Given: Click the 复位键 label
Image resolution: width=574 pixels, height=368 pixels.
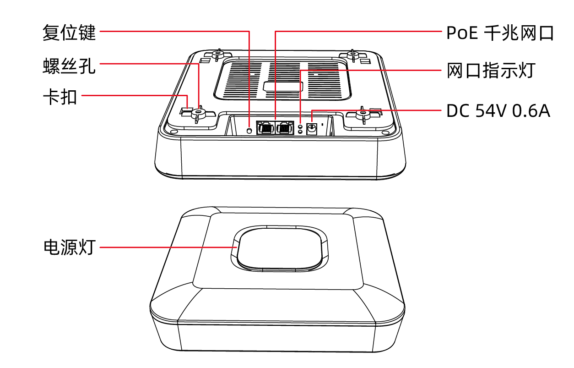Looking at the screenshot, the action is [x=69, y=33].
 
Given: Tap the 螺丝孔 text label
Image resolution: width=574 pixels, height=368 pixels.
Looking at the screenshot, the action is [x=69, y=66].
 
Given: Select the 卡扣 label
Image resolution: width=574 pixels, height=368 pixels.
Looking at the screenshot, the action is [x=60, y=97].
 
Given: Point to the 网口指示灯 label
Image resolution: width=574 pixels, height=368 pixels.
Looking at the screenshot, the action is [x=491, y=70].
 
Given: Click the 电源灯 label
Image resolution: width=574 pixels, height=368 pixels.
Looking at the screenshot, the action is [x=70, y=247].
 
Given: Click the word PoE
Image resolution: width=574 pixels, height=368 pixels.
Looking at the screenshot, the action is [x=462, y=33].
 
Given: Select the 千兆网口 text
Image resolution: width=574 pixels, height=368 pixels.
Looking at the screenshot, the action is [x=519, y=33].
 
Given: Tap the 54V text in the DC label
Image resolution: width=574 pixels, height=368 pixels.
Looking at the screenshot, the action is [x=491, y=111].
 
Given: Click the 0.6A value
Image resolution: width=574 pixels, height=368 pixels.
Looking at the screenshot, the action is [x=531, y=111].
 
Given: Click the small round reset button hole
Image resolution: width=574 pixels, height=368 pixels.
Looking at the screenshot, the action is [x=249, y=131].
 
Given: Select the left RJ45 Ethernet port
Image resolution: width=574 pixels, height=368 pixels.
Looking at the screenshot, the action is [x=266, y=127].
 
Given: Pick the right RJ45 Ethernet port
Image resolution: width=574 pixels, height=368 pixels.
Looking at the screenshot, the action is [x=284, y=127].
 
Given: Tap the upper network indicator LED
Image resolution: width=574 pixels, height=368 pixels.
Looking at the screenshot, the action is [x=301, y=126].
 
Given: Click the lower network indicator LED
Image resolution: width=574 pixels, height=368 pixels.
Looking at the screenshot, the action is [x=301, y=132].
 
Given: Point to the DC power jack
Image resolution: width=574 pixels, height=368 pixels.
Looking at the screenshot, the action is [x=312, y=129].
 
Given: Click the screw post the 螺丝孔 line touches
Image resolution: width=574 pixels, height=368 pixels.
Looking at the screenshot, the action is [x=198, y=113].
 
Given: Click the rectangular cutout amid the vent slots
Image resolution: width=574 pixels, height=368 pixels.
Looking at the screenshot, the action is [x=283, y=87].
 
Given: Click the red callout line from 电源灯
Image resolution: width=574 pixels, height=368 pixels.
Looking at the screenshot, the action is [x=168, y=247].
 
